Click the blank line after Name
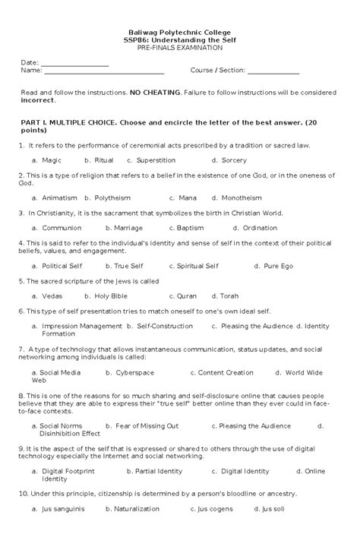click(x=104, y=71)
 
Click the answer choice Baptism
click(x=190, y=227)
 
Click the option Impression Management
click(x=81, y=325)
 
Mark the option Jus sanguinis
click(x=63, y=508)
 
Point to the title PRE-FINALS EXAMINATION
click(x=179, y=47)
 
